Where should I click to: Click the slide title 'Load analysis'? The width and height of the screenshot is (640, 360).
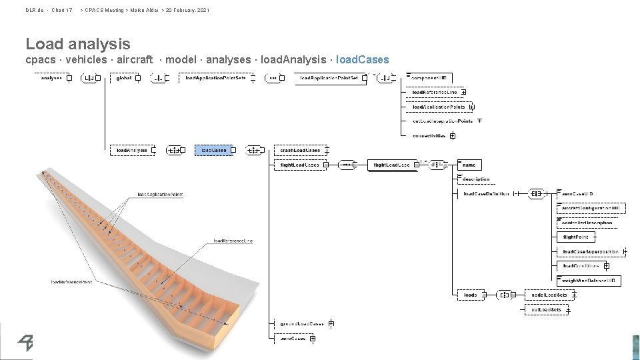coord(78,44)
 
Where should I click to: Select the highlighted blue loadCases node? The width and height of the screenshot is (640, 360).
coord(214,151)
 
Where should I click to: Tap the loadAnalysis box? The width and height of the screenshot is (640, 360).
coord(131,151)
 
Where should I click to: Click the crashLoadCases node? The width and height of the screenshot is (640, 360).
coord(299,151)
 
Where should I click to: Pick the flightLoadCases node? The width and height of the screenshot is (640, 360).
coord(299,165)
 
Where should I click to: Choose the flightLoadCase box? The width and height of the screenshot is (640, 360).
coord(392,165)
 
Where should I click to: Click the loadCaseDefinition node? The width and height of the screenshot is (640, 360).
coord(486,194)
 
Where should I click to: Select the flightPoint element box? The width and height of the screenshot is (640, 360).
coord(576,237)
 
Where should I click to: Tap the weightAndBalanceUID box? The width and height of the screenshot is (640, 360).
coord(589,280)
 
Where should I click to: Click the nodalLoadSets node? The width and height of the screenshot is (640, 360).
coord(549,295)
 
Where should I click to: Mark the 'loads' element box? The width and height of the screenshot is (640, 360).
coord(471,295)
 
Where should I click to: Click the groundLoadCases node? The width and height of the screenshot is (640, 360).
coord(301,323)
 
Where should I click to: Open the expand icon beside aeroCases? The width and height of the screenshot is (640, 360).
coord(312,339)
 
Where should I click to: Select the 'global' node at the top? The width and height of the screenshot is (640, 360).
coord(124,78)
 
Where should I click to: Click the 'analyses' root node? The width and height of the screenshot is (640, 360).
coord(51,78)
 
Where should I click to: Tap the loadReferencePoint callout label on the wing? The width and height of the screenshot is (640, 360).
coord(71,282)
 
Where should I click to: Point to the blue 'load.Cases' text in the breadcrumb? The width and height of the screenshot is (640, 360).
coord(363,60)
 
